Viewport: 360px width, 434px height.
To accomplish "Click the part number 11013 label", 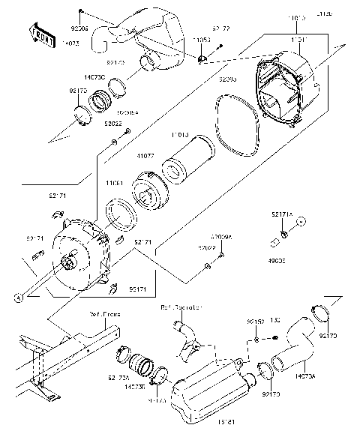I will click(x=179, y=135).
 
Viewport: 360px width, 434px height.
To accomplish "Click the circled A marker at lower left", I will click(x=16, y=298).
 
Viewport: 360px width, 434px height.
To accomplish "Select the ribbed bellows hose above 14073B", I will click(x=139, y=366).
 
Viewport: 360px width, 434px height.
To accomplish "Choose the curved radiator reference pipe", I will click(x=186, y=337).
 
